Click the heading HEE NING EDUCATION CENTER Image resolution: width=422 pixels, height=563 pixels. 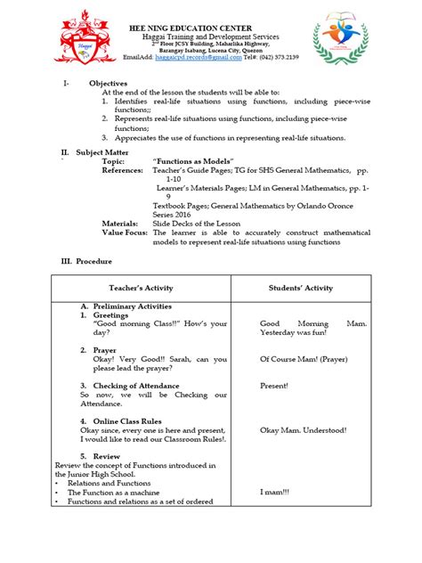pos(211,26)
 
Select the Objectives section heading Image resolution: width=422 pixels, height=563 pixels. pos(108,83)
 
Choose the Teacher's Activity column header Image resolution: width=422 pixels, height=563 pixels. pos(141,288)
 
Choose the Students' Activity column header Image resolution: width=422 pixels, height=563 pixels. pos(300,288)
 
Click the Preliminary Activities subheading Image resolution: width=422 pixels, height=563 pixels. pos(131,305)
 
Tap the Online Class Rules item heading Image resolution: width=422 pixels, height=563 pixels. pos(129,420)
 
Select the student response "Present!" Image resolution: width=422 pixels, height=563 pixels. pos(273,386)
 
